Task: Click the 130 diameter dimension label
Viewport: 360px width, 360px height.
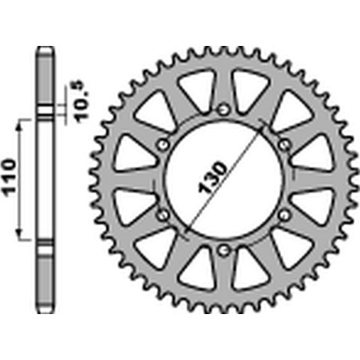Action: click(x=212, y=177)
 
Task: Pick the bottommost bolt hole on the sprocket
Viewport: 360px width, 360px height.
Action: click(x=224, y=250)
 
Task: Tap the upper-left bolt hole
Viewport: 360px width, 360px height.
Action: click(x=163, y=145)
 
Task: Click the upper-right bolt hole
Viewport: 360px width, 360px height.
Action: click(x=284, y=145)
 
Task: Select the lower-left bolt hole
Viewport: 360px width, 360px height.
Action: click(x=162, y=215)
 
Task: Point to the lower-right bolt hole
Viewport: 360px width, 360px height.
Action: click(x=284, y=215)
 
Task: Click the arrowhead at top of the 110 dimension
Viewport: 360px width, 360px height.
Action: click(x=19, y=124)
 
